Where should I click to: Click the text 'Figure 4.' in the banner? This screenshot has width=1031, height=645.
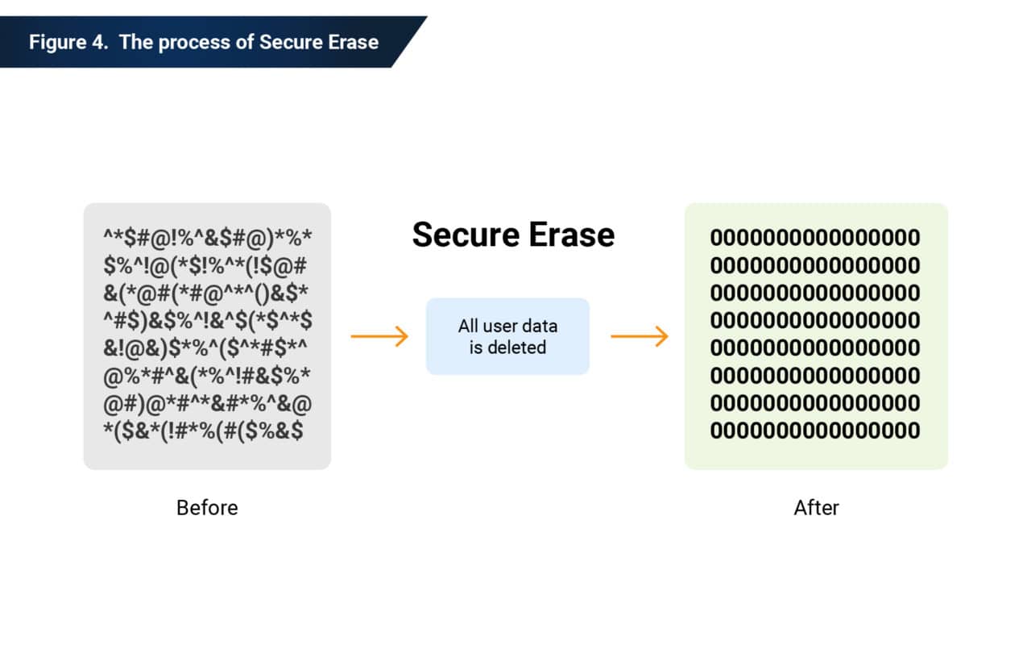(68, 42)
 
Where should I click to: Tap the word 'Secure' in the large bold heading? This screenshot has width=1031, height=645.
(464, 235)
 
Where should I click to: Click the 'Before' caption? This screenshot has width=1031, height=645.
(207, 508)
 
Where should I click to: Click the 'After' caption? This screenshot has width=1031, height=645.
(816, 508)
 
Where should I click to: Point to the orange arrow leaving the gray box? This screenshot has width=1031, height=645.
(379, 336)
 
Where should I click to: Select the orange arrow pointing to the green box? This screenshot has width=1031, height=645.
(640, 336)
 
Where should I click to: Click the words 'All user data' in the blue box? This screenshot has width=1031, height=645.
(507, 327)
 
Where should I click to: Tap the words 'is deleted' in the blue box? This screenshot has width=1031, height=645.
(507, 347)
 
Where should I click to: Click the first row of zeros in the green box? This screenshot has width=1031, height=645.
(814, 238)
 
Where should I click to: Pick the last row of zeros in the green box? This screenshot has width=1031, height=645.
(814, 431)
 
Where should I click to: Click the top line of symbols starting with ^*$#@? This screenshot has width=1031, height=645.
(208, 239)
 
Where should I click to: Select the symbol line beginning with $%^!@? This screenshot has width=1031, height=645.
(208, 266)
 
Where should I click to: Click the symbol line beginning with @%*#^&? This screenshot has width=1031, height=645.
(208, 376)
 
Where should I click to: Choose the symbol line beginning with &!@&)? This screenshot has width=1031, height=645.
(208, 348)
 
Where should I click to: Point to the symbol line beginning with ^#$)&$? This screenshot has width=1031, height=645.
(208, 321)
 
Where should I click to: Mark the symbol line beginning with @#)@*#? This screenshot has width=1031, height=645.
(208, 403)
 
